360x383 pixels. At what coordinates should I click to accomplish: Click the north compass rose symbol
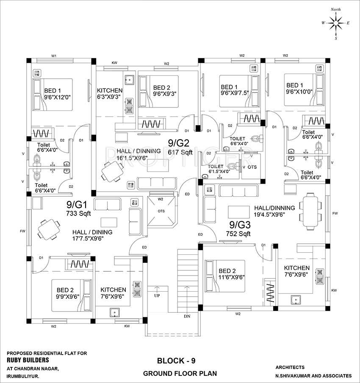335,23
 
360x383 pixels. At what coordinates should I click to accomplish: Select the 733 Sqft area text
78,214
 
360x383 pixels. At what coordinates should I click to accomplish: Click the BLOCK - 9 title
176,361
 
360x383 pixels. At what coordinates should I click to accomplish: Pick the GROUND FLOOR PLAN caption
180,374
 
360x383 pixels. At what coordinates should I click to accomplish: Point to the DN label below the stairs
188,316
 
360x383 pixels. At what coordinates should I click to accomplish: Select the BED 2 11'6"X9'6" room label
231,274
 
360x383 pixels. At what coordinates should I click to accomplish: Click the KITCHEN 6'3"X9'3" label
110,94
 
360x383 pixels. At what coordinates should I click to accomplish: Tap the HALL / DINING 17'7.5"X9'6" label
92,235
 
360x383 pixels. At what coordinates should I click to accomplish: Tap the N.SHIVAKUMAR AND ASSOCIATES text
313,375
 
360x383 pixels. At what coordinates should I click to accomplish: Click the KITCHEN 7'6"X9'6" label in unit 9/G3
296,271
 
